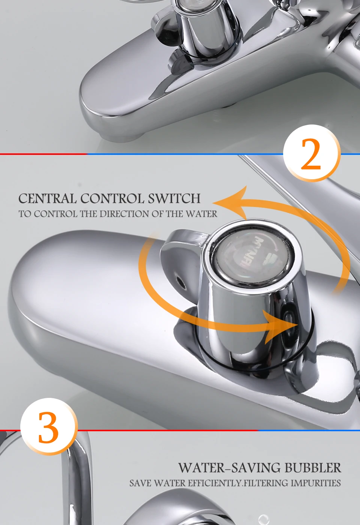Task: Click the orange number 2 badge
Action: [312, 153]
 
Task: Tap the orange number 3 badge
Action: [49, 427]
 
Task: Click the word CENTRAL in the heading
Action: [48, 198]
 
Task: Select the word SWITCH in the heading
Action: [174, 198]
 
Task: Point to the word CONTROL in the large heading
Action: [112, 198]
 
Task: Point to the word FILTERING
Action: [265, 483]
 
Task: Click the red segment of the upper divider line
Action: [43, 154]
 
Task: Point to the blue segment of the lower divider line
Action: [309, 430]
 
